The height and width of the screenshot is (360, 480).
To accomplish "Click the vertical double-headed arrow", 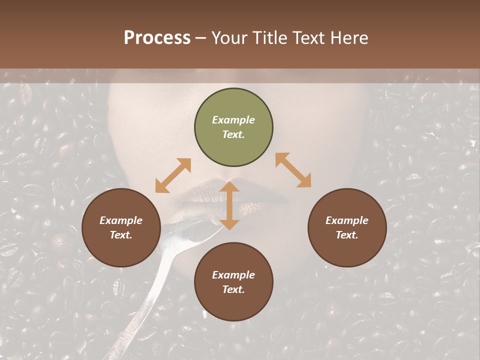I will pyautogui.click(x=229, y=205).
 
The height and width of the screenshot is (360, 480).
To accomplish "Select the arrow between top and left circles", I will pyautogui.click(x=173, y=175).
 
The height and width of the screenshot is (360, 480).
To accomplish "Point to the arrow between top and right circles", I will pyautogui.click(x=293, y=170).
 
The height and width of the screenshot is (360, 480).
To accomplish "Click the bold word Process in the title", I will pyautogui.click(x=157, y=38).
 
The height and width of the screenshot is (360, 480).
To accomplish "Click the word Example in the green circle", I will pyautogui.click(x=233, y=120).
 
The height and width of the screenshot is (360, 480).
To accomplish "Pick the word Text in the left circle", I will pyautogui.click(x=121, y=235).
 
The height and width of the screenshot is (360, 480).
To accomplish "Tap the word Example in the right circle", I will pyautogui.click(x=347, y=220).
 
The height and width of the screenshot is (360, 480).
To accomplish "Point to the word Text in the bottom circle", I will pyautogui.click(x=233, y=289).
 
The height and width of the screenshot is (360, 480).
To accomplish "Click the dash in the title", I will pyautogui.click(x=201, y=38).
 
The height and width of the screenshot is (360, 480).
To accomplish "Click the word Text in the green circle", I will pyautogui.click(x=233, y=134).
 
